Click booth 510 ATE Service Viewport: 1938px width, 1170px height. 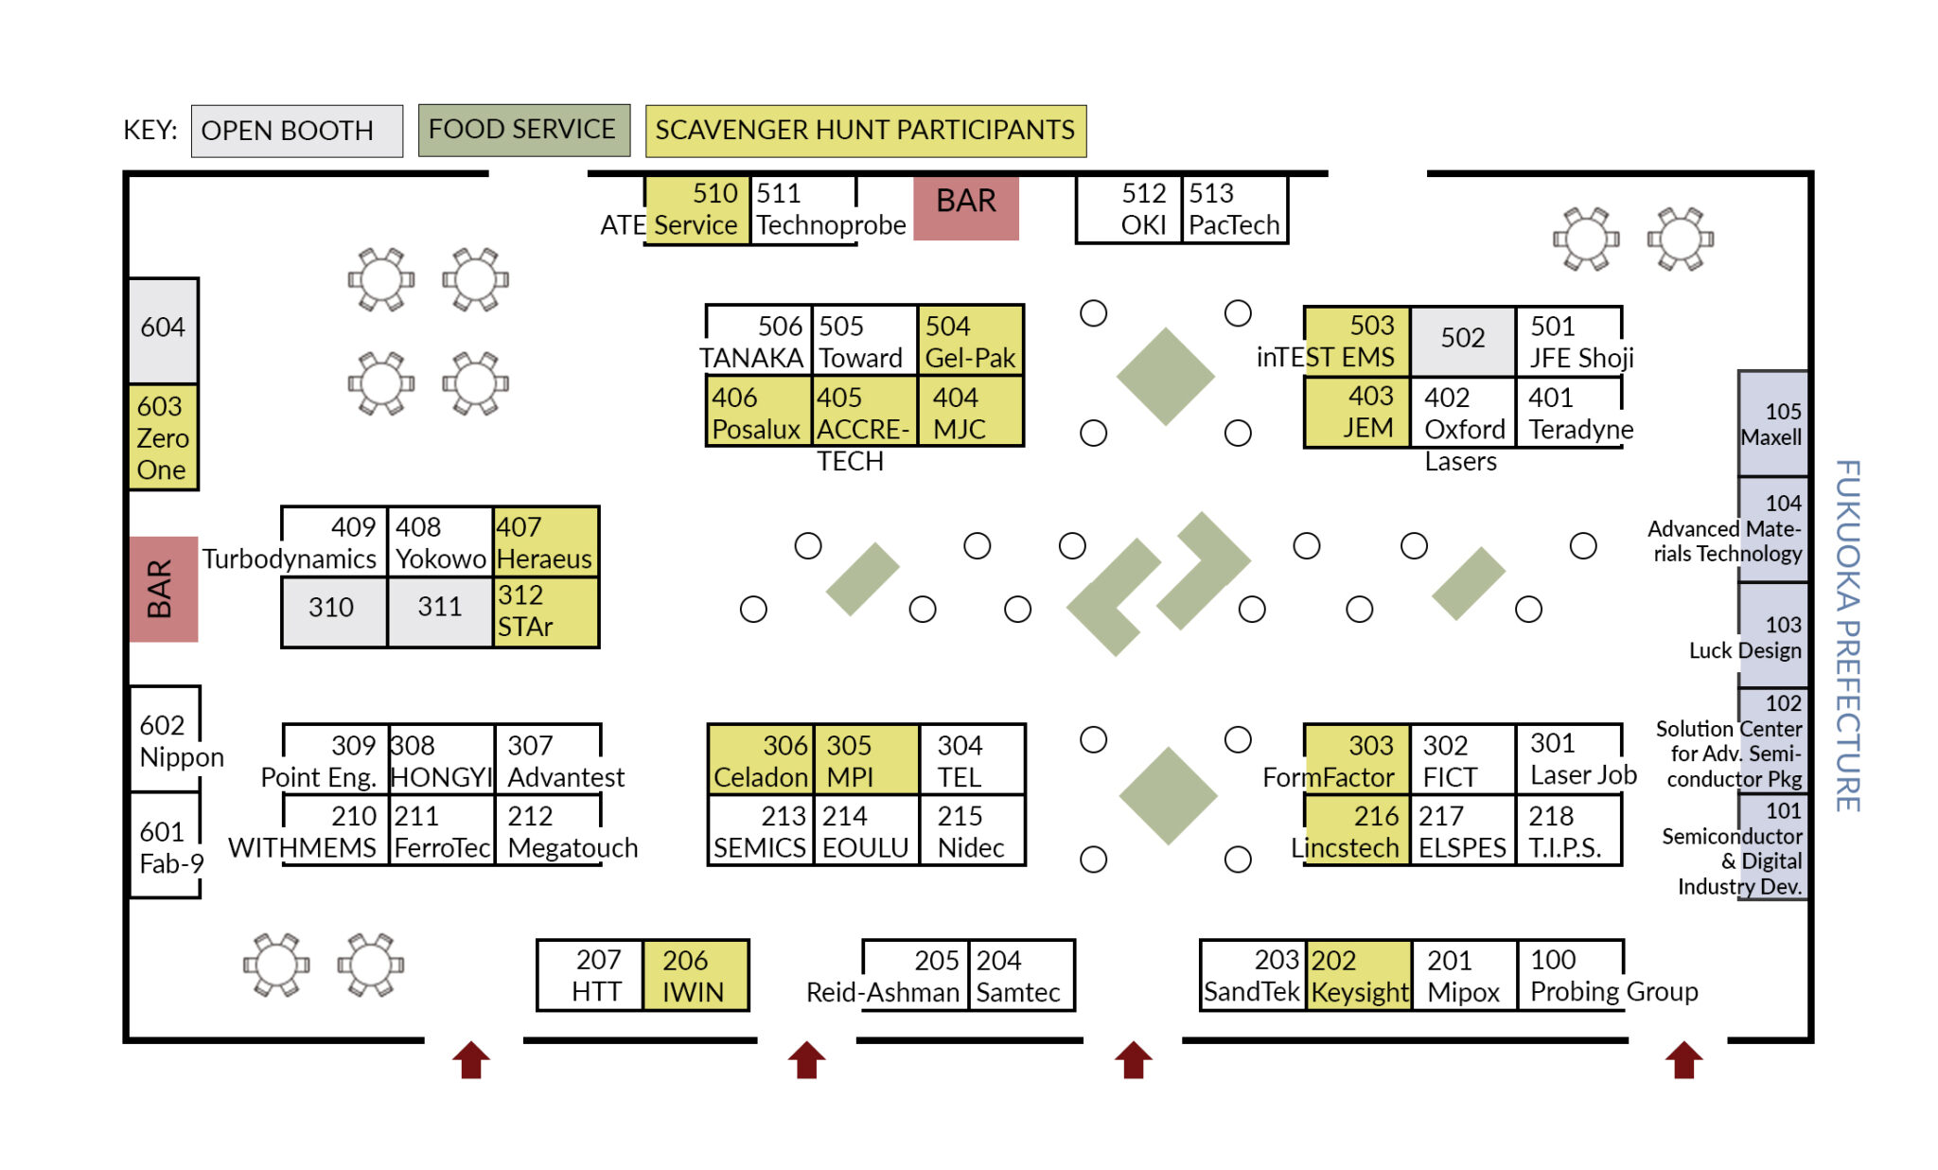(696, 210)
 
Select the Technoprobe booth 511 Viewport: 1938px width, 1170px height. (804, 210)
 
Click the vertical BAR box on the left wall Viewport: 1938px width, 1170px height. (163, 589)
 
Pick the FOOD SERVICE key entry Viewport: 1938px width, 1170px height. (523, 130)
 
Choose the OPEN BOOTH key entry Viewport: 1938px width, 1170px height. (296, 131)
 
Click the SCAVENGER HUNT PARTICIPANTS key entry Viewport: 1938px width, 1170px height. (865, 131)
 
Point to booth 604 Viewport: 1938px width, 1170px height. (163, 329)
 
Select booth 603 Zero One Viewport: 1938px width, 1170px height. (163, 437)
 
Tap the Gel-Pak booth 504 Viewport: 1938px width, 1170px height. (970, 341)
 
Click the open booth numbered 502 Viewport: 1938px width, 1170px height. (1462, 340)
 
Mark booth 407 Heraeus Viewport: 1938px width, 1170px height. (545, 541)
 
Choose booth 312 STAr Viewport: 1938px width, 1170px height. (545, 612)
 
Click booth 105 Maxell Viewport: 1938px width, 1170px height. (1772, 424)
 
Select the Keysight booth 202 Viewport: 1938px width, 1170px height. (1359, 976)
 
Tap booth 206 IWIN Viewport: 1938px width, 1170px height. (695, 976)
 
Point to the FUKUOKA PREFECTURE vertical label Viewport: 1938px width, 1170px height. (1848, 635)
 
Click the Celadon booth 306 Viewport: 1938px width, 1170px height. (761, 760)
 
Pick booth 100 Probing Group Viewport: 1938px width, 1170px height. (1571, 976)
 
